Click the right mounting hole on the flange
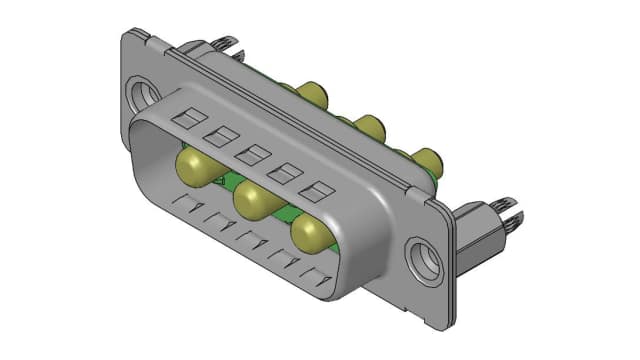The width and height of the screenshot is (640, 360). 426,259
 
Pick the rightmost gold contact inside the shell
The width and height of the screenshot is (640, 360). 313,234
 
